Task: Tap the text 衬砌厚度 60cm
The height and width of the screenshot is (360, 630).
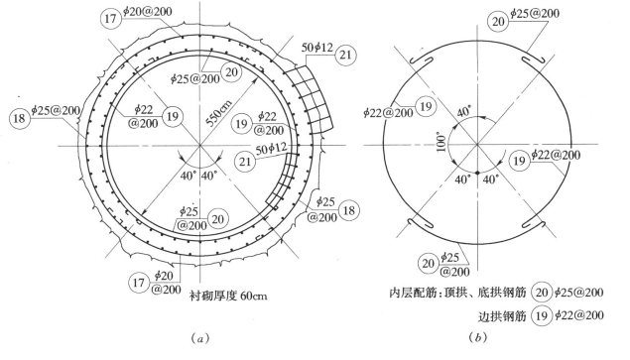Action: click(228, 297)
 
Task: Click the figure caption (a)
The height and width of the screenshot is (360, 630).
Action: click(199, 338)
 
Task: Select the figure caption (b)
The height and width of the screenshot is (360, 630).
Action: click(478, 337)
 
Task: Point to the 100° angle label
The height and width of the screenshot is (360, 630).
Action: click(441, 142)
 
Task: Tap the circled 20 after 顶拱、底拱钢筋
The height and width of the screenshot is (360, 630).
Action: click(542, 293)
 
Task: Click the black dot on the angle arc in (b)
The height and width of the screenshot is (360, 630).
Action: click(477, 173)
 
